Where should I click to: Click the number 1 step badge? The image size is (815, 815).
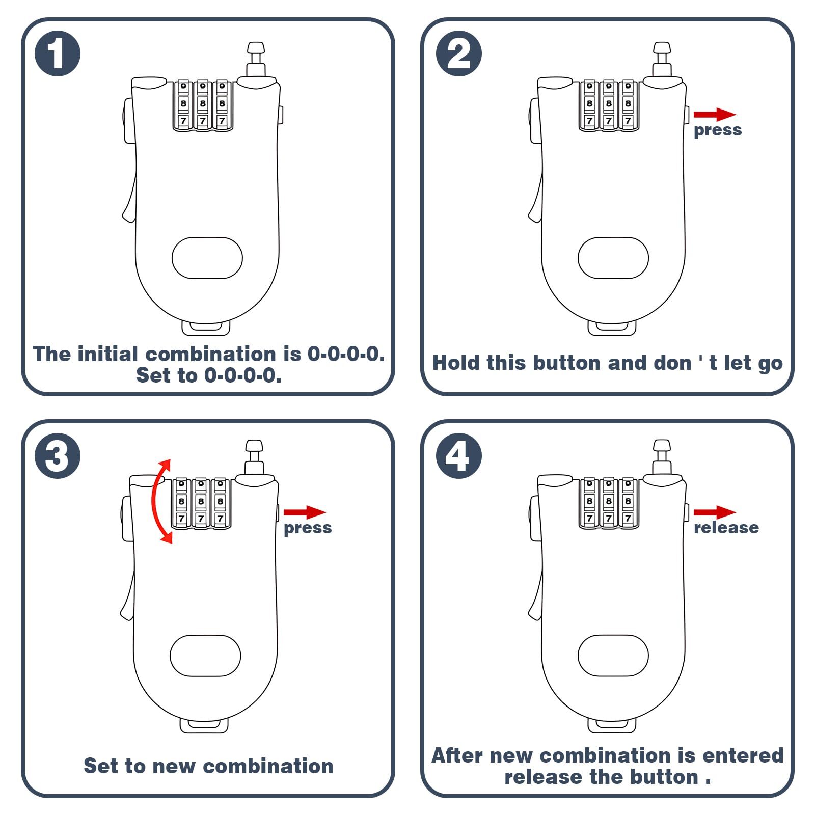(x=58, y=53)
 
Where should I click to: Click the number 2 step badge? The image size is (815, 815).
(x=458, y=53)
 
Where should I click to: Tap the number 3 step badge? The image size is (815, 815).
(x=58, y=455)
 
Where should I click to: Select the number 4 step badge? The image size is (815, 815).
(x=458, y=455)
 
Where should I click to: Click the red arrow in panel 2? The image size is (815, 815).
(x=714, y=115)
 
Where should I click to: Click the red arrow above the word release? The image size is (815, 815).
(x=714, y=512)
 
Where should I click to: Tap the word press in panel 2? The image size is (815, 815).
(x=718, y=130)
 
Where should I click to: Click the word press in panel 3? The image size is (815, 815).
(x=308, y=528)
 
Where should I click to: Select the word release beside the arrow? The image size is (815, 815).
(x=726, y=528)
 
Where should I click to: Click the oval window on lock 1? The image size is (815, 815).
(x=207, y=258)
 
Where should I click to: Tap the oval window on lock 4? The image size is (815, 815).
(x=613, y=656)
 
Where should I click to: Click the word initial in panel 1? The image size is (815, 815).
(x=107, y=354)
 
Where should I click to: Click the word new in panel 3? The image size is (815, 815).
(x=173, y=766)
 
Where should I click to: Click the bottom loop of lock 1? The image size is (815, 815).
(x=206, y=328)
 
